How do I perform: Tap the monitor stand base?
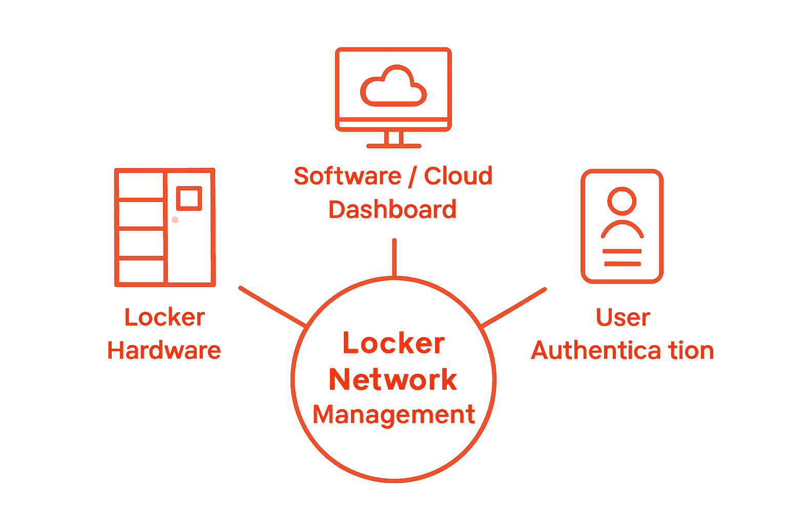coord(393,146)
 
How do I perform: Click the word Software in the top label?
coord(347,176)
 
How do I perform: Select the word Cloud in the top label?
coord(458,176)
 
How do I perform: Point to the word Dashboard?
coord(392,210)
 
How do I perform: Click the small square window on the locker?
coord(189,198)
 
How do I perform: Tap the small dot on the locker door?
coord(175,220)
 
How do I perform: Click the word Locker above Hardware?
coord(164,317)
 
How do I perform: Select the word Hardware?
coord(164,351)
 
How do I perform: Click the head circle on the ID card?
coord(622,200)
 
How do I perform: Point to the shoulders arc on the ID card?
coord(622,230)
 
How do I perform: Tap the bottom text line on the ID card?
coord(622,264)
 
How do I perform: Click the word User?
coord(623,317)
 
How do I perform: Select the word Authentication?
coord(622,351)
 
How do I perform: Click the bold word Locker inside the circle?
coord(393,343)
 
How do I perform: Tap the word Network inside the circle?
coord(393,379)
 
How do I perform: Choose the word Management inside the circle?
coord(393,414)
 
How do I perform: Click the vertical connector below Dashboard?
coord(394,257)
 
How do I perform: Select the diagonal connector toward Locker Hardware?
coord(272,307)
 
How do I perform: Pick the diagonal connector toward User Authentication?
coord(514,307)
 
